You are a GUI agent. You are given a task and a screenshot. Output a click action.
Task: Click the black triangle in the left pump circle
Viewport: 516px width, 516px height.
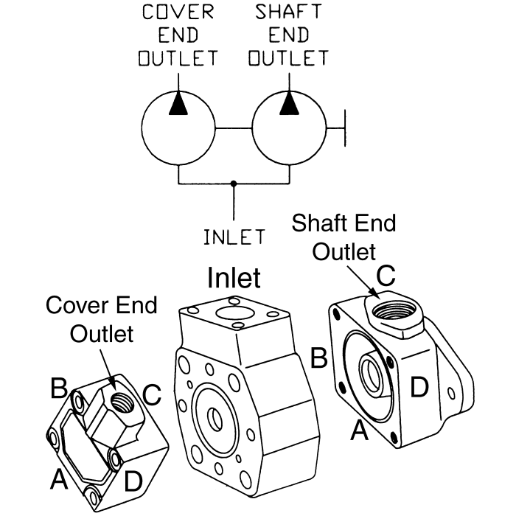coord(178,105)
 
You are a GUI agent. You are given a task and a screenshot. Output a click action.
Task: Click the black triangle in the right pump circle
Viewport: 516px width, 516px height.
coord(290,105)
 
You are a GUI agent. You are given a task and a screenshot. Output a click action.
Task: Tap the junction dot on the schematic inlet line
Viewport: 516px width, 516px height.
coord(234,183)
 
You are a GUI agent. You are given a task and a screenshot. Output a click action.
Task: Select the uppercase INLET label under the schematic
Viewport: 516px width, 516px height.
coord(234,237)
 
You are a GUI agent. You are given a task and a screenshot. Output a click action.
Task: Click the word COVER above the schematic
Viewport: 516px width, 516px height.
coord(178,13)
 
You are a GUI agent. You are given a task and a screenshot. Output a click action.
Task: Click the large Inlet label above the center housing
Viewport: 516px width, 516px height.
coord(234,277)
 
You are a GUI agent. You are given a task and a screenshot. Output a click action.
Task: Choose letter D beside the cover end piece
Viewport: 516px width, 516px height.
coord(133,481)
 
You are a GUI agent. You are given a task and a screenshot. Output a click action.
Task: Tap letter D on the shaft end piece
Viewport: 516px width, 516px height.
coord(419,387)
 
